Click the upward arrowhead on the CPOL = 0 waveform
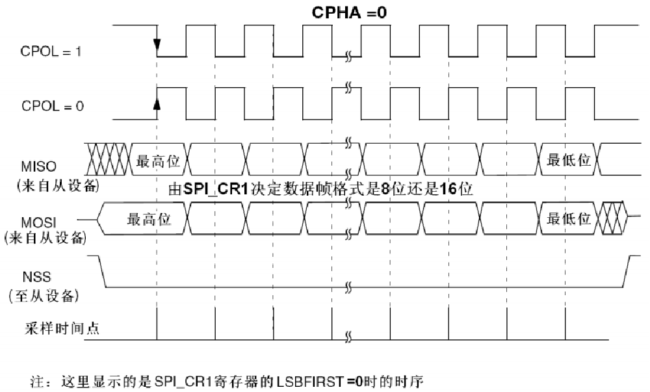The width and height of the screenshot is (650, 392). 157,104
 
